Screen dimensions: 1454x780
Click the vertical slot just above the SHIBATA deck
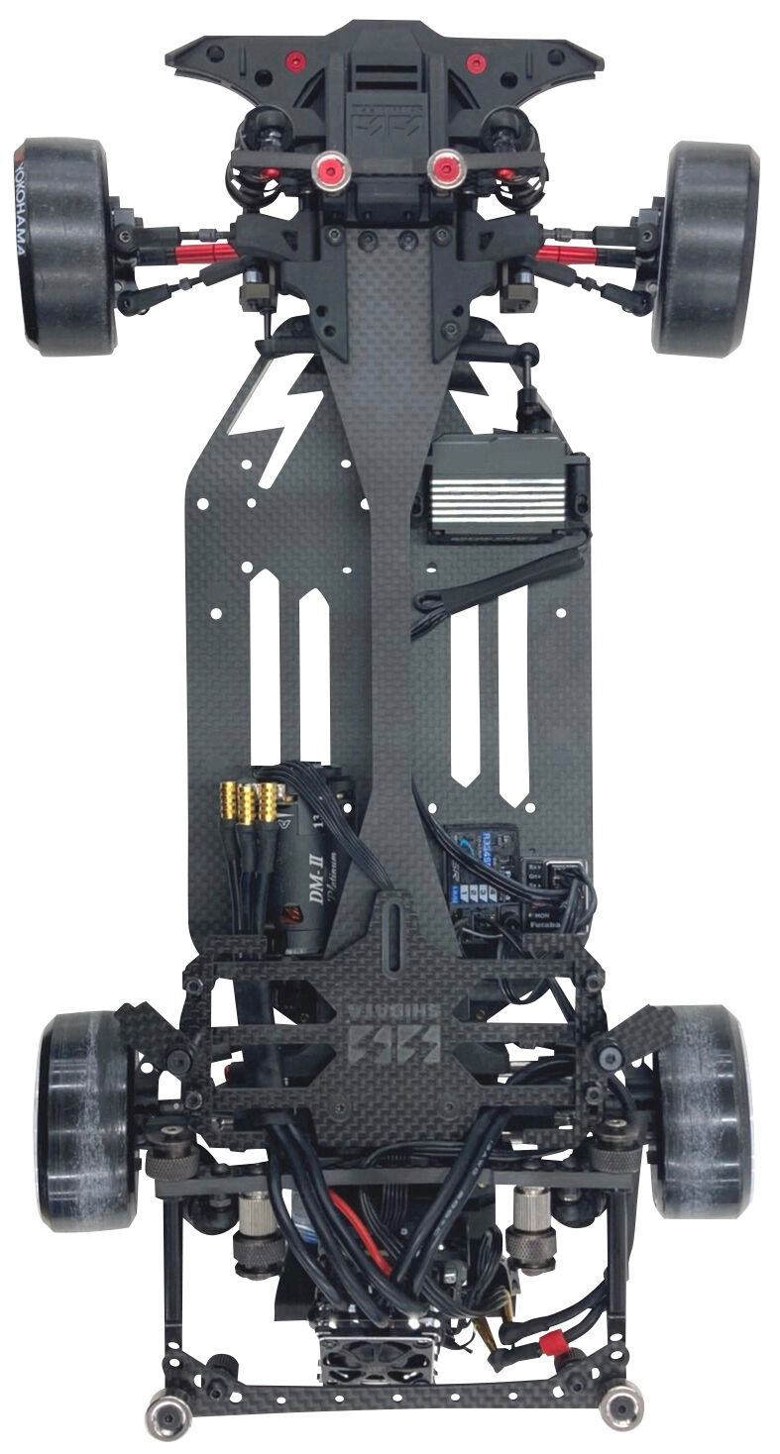coord(390,935)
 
